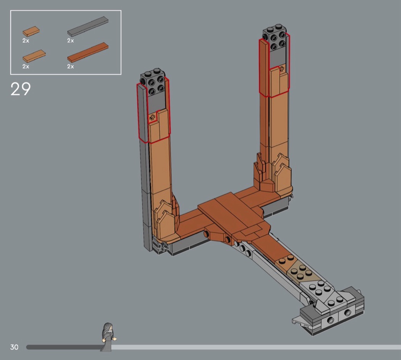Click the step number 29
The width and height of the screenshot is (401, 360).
coord(21,89)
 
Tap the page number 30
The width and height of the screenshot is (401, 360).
coord(15,347)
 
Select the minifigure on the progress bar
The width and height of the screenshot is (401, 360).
coord(108,337)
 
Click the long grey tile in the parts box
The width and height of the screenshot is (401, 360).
coord(88,26)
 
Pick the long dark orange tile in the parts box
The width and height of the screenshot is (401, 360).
coord(88,52)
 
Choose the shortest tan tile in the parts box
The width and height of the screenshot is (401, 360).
coord(31,31)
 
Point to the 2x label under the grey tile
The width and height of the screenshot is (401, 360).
coord(71,41)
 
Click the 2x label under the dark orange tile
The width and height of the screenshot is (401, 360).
coord(71,66)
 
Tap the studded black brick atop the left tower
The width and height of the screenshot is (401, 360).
coord(153,82)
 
